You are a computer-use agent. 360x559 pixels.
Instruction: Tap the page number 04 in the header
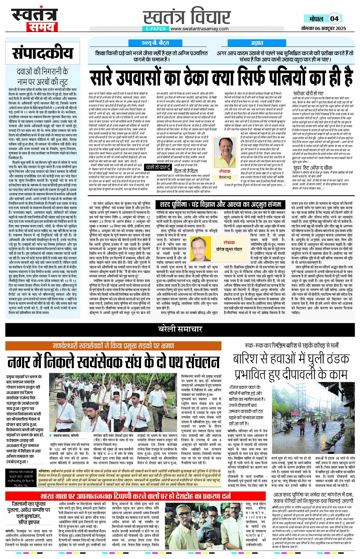[334, 19]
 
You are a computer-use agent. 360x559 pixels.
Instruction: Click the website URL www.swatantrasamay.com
[199, 29]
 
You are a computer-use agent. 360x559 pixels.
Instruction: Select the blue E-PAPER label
[156, 29]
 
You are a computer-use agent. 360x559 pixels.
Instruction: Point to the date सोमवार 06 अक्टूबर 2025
[323, 29]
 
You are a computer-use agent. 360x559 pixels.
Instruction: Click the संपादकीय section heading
[42, 53]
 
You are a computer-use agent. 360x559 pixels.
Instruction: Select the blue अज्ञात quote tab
[257, 43]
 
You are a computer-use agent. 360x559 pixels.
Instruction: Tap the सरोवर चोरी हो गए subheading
[309, 93]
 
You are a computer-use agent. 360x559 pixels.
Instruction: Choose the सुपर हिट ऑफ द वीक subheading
[312, 168]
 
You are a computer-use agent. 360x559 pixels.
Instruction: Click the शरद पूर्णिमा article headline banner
[221, 205]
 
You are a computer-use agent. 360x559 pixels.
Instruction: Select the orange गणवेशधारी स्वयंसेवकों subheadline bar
[113, 346]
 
